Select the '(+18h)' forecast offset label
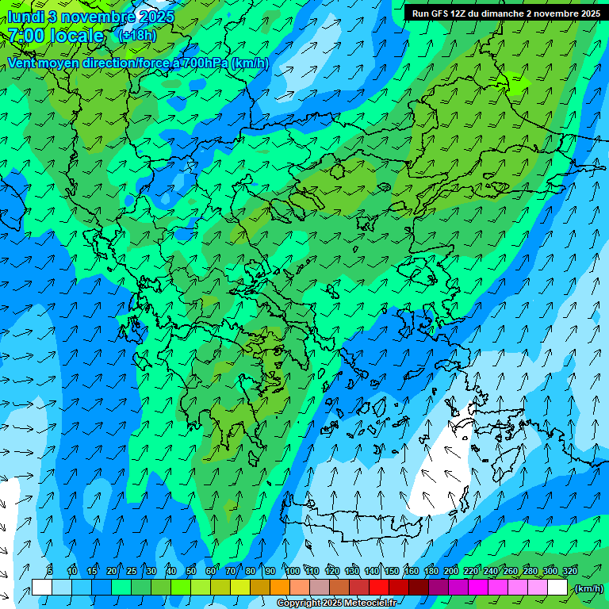point(136,36)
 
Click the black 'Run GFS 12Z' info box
point(505,13)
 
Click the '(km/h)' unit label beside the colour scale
point(588,588)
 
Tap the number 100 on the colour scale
point(293,571)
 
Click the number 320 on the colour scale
point(569,571)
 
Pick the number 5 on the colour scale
point(50,571)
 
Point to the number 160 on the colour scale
point(411,571)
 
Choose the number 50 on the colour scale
point(191,571)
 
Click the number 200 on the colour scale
point(450,571)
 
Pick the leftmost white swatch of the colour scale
point(42,588)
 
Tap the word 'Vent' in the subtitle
point(22,63)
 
